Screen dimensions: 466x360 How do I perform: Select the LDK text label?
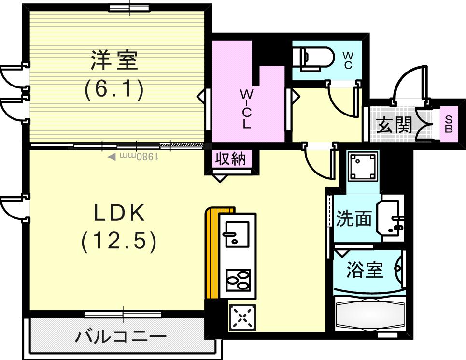[119, 213]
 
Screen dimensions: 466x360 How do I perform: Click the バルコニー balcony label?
[121, 336]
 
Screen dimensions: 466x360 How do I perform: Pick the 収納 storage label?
[231, 159]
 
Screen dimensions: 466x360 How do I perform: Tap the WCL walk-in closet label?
[247, 108]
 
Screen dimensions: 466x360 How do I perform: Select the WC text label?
[348, 60]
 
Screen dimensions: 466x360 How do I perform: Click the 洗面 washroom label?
[354, 219]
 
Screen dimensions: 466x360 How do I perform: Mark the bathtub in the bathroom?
[370, 316]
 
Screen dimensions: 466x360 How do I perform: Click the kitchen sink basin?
[236, 232]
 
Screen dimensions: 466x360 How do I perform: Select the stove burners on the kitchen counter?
[238, 279]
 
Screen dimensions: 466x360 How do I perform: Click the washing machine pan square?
[363, 166]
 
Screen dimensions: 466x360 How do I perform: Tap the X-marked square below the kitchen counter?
[242, 317]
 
